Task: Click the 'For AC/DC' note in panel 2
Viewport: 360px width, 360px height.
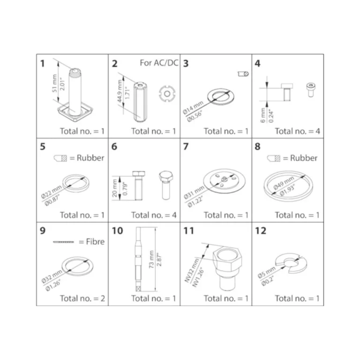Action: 159,63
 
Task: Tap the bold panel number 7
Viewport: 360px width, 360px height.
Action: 186,146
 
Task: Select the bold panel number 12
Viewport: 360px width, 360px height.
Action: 260,231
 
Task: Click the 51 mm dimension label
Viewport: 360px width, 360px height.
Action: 54,83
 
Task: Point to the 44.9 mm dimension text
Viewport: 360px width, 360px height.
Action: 120,91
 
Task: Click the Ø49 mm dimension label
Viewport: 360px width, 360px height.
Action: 284,183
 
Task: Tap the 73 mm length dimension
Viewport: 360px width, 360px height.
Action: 151,259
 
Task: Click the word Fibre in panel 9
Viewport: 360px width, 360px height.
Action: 95,241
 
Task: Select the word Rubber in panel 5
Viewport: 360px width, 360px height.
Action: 90,157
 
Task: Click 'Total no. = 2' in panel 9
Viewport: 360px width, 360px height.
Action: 82,298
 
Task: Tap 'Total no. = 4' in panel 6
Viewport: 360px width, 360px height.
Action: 154,215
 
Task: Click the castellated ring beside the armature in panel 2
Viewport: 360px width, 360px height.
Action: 167,94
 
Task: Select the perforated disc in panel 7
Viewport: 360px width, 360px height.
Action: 224,181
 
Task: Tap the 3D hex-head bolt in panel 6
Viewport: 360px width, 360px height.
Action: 166,185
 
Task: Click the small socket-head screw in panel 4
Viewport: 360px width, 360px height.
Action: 311,90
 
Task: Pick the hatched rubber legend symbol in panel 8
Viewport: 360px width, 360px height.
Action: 274,158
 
